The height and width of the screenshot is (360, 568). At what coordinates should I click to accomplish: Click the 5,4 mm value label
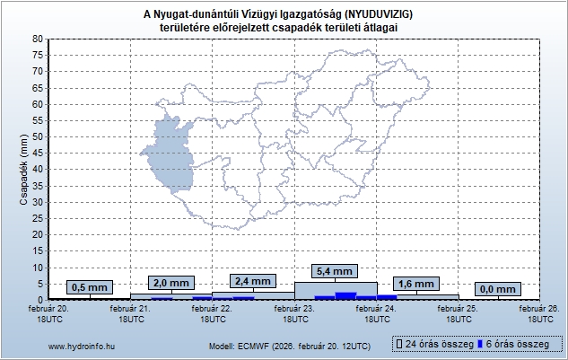pos(336,270)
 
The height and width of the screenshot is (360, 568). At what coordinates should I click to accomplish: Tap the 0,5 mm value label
pos(90,287)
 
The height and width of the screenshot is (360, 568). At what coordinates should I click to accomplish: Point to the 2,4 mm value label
pos(253,280)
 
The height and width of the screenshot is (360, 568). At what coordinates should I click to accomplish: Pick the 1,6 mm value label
pos(417,284)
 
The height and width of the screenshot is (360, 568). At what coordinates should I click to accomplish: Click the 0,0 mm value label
pos(499,288)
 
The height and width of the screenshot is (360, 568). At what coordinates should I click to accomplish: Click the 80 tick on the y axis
pos(37,39)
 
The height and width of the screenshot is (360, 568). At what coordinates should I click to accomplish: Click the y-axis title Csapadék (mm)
pos(23,169)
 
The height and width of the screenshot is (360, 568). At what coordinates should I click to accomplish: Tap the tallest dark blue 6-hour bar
pos(345,295)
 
